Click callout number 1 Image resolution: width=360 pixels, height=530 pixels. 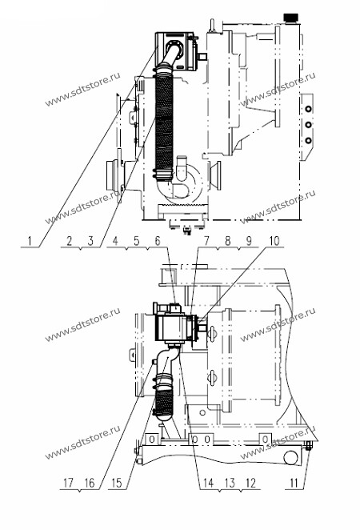30,241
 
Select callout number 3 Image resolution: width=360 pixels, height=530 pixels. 90,241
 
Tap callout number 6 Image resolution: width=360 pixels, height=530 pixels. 158,241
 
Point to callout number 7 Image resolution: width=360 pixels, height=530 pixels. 206,241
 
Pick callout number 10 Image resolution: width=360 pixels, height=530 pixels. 274,241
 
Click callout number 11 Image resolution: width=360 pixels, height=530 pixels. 294,483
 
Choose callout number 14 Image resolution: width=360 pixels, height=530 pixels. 208,483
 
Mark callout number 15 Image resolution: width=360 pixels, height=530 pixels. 116,483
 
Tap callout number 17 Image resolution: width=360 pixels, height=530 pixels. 69,483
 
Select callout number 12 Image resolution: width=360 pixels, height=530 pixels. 250,483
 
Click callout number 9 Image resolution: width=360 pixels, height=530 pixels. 249,241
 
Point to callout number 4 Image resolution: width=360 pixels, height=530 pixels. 115,241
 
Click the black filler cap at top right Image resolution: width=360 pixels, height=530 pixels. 290,17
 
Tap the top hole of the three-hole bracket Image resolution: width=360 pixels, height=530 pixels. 308,109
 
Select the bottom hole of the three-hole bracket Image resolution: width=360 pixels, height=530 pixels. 308,140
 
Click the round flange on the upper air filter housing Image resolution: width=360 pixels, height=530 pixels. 174,50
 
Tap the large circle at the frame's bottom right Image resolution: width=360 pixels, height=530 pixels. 290,458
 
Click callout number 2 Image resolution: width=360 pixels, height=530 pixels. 70,241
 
